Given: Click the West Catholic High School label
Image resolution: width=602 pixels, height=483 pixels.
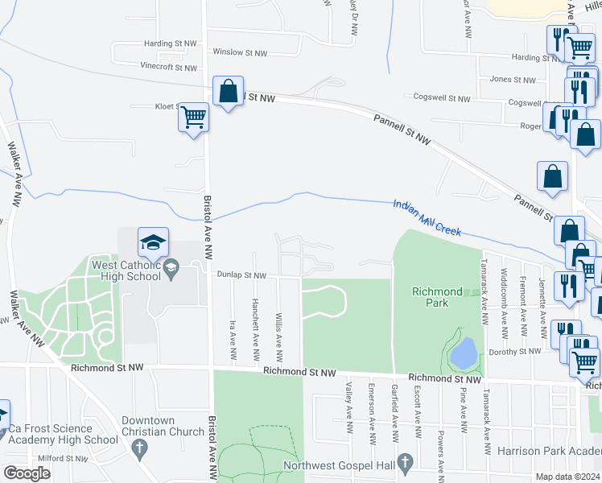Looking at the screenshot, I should [x=126, y=270].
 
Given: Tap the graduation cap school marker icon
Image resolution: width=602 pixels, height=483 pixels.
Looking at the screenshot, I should [x=153, y=242].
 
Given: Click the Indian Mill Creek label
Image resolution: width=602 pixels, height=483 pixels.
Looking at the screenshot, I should [x=427, y=218].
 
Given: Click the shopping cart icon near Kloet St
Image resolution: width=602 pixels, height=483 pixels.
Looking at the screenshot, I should [x=193, y=118].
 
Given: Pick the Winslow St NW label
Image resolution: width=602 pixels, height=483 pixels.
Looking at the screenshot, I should [x=239, y=52].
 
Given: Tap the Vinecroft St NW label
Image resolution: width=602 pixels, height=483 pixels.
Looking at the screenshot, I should [x=168, y=66].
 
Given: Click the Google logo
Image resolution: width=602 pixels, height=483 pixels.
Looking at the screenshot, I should [x=26, y=473].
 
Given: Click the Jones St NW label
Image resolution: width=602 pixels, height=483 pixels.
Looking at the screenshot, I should [x=513, y=80].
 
